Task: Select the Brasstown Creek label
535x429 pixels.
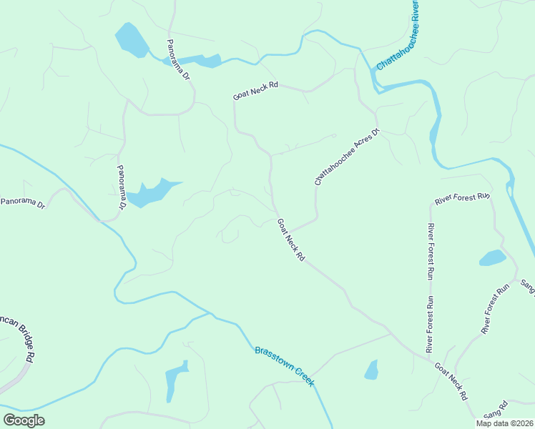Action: point(284,366)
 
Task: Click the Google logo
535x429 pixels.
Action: point(24,420)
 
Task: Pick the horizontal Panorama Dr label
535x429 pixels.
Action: point(22,203)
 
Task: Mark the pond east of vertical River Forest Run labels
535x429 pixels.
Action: point(492,257)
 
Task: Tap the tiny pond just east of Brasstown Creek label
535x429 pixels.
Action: point(371,369)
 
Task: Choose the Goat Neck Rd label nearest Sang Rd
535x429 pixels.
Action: point(451,381)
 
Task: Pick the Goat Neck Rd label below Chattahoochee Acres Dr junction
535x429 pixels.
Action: point(291,240)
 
